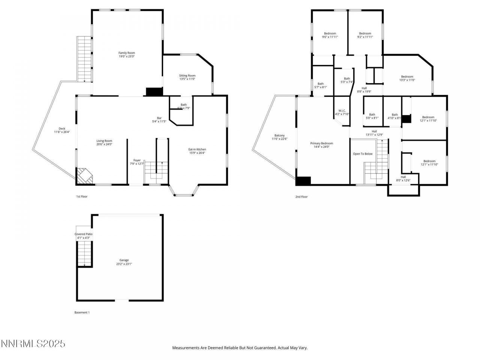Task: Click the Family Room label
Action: point(126,53)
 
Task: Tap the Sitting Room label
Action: point(187,75)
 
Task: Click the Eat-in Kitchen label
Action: point(197,149)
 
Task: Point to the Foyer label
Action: point(137,160)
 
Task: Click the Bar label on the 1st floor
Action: point(159,118)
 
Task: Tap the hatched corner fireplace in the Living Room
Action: point(84,176)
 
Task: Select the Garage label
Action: point(124,260)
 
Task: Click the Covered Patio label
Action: point(83,234)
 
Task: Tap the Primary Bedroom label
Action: point(321,143)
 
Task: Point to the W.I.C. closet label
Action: point(342,111)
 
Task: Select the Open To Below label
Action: point(363,154)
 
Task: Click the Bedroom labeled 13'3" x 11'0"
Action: point(407,76)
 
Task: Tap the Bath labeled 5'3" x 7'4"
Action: point(347,78)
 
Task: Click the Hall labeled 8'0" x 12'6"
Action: point(403,177)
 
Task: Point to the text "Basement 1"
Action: point(82,312)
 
